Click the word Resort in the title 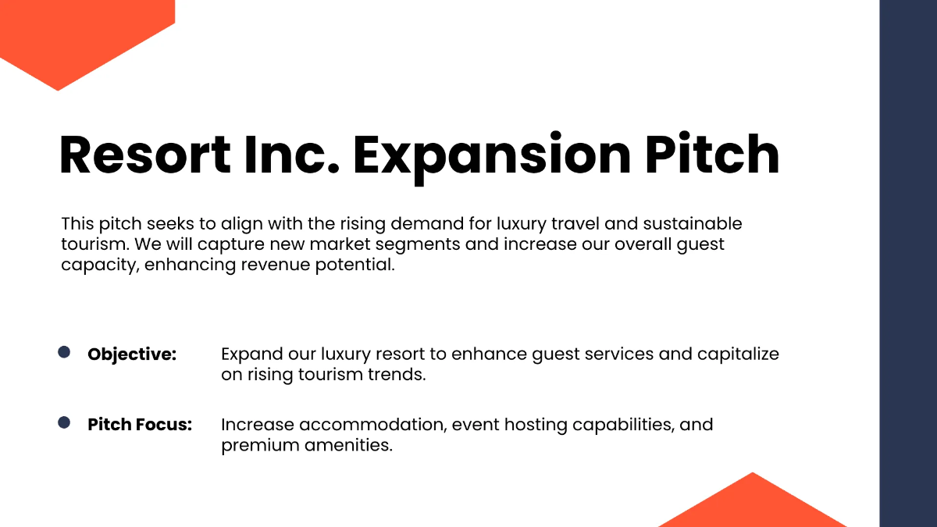point(145,155)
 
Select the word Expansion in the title point(491,155)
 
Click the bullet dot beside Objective point(65,353)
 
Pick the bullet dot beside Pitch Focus point(65,423)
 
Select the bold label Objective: point(132,354)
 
